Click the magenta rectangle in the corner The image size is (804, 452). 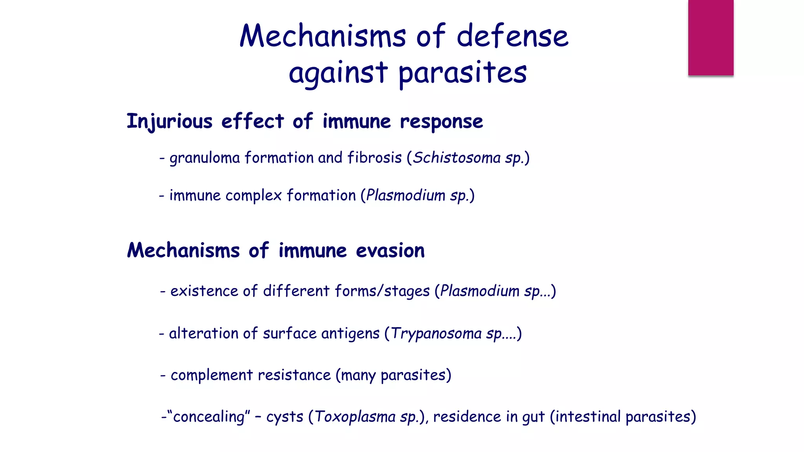(x=711, y=37)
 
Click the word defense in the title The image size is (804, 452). (x=512, y=36)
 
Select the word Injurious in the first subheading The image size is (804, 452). (x=169, y=121)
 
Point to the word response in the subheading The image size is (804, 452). (x=441, y=122)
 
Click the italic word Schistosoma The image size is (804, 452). (x=457, y=158)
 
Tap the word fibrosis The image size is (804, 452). (x=375, y=158)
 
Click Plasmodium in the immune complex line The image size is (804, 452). (x=405, y=195)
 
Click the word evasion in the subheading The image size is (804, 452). (x=390, y=251)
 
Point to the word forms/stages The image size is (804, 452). (x=382, y=291)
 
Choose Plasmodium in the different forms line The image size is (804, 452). (x=479, y=291)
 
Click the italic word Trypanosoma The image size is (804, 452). (x=436, y=334)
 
